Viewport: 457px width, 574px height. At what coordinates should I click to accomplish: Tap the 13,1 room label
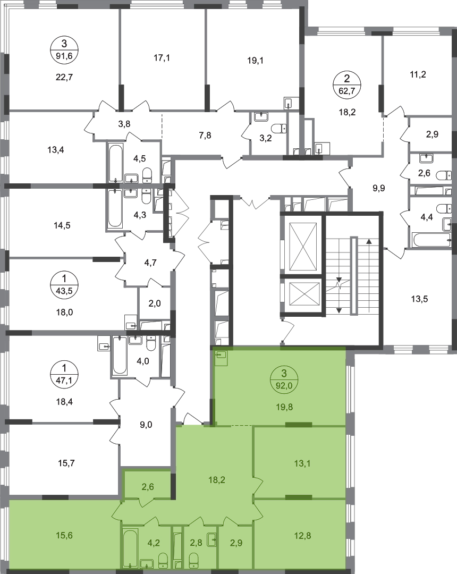302,463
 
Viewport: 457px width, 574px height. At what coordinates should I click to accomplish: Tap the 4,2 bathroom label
154,543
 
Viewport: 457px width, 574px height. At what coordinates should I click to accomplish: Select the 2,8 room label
196,543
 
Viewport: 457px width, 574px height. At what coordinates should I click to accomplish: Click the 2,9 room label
236,543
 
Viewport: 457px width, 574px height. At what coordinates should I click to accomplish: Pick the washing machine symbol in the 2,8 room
211,538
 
